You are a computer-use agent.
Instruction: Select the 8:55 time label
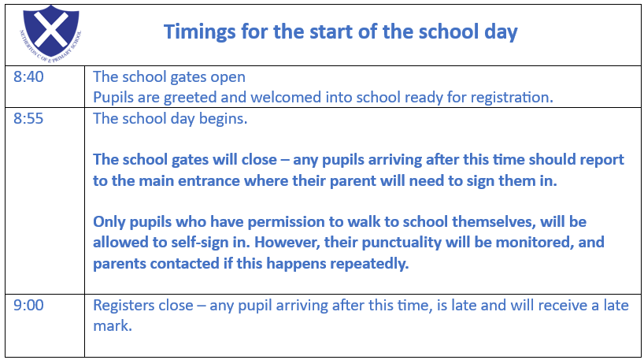pos(28,118)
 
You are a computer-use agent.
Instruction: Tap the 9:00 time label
pos(28,306)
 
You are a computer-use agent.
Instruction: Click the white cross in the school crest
pos(51,29)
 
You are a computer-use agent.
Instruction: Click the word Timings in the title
pos(200,32)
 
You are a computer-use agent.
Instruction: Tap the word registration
pos(511,98)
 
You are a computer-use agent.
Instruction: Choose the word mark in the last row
pos(113,326)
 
